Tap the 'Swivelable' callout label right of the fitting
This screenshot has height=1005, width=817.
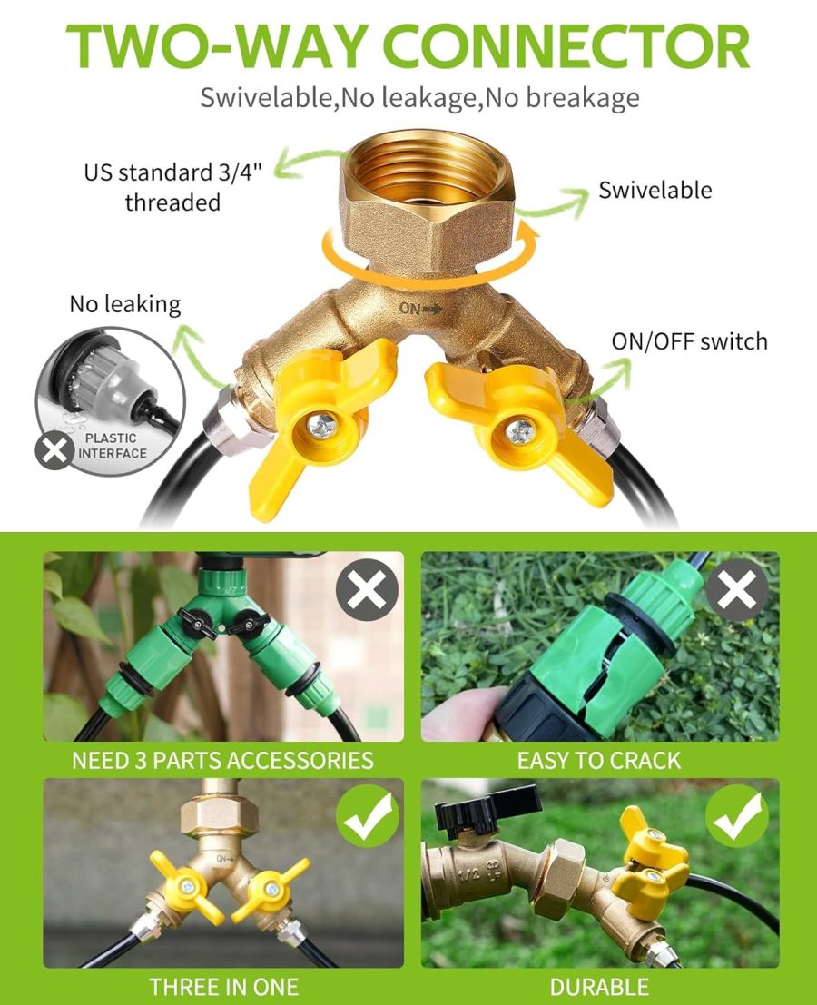655,191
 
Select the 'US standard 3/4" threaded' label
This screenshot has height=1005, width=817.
172,187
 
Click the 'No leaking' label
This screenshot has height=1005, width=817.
125,304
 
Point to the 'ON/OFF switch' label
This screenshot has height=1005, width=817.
689,341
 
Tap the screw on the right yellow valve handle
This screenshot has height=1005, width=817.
520,431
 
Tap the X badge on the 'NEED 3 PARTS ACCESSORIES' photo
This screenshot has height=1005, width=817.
367,590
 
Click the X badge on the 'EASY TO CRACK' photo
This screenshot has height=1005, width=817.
737,590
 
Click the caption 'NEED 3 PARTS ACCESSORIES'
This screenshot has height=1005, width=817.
223,760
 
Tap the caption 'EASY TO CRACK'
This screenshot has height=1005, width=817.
599,760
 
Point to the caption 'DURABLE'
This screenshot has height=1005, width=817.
599,986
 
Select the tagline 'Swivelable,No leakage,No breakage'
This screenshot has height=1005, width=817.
419,97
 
